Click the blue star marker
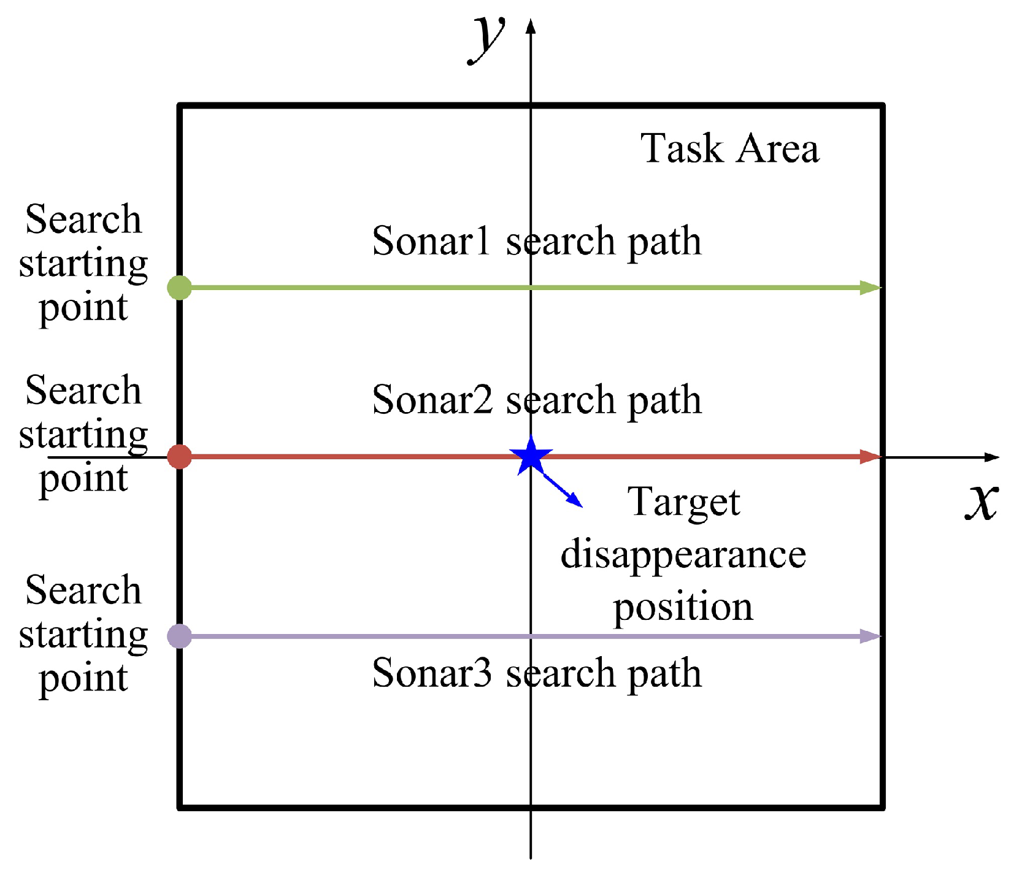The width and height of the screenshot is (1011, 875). [x=531, y=456]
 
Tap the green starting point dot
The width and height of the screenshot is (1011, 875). [x=180, y=287]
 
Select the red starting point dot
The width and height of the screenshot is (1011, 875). [x=180, y=457]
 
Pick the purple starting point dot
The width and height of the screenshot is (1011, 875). [x=180, y=636]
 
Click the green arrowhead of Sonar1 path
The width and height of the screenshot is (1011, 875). [x=870, y=287]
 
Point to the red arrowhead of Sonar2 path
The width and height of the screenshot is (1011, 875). [x=870, y=457]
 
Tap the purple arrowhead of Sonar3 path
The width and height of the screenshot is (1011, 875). [x=870, y=636]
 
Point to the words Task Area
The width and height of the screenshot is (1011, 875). [x=729, y=148]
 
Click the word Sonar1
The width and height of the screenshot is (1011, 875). [x=431, y=240]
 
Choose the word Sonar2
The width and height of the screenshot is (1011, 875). [x=432, y=400]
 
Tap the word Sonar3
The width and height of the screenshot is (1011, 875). [x=432, y=673]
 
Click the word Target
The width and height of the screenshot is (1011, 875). [x=684, y=503]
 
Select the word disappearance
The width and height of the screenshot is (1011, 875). [x=683, y=554]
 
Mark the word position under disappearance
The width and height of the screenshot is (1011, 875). [x=683, y=607]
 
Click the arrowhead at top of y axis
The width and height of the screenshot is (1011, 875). [x=531, y=26]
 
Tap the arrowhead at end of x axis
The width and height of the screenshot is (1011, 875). [x=993, y=457]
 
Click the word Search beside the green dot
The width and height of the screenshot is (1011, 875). [x=83, y=220]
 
